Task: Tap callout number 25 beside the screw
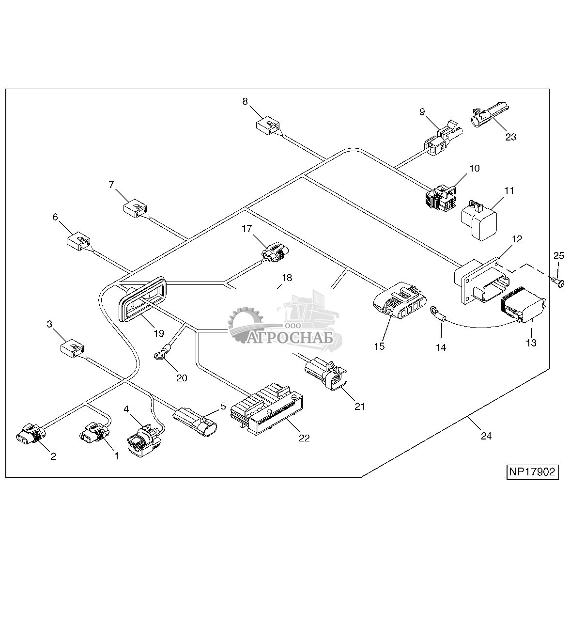coord(558,256)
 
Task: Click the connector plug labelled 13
coord(524,305)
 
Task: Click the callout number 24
coord(486,436)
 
